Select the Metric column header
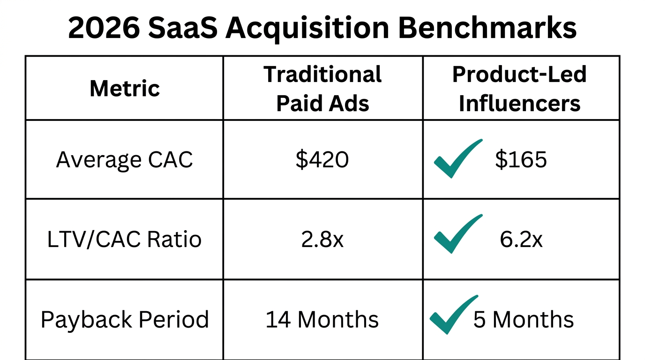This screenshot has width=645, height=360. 125,88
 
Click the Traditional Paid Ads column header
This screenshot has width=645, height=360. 322,89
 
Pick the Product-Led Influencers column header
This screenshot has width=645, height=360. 519,89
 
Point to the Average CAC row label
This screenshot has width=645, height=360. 124,160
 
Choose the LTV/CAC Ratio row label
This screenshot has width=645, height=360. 124,240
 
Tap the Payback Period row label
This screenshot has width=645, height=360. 124,320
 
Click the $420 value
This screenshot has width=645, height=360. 322,160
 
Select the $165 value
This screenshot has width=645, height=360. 521,160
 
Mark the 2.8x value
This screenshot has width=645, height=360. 322,240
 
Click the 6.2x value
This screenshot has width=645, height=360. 521,240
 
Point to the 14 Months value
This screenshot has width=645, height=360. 322,320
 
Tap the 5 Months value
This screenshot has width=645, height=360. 523,320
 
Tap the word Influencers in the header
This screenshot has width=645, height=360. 519,104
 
